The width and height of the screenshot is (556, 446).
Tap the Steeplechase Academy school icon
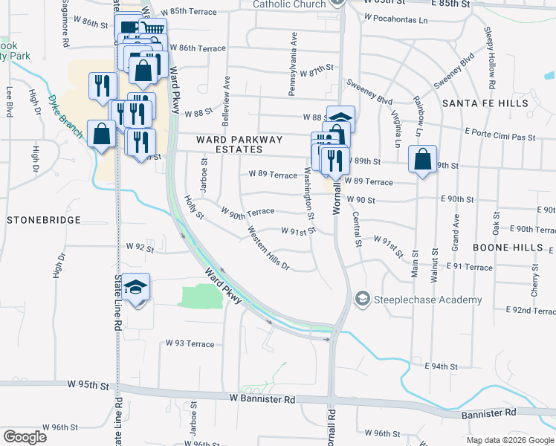tap(363, 299)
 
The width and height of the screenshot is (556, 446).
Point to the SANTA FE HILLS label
tap(485, 103)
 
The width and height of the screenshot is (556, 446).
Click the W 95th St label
tap(88, 385)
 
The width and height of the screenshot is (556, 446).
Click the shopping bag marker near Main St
tap(422, 161)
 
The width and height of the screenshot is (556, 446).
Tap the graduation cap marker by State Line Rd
tap(136, 287)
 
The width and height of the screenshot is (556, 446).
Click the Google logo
tap(25, 437)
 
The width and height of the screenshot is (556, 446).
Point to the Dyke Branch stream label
tap(62, 111)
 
